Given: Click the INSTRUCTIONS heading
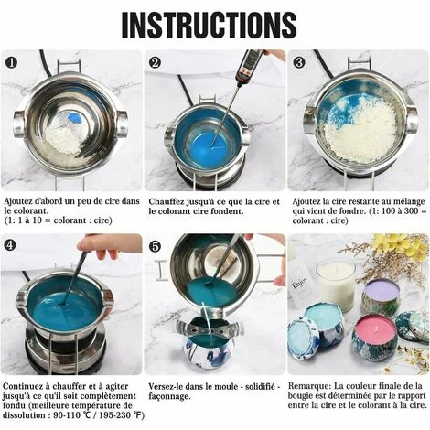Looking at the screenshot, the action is pos(209,25).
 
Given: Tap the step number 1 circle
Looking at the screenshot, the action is pos(12,62).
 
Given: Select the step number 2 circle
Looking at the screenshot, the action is pos(155,62).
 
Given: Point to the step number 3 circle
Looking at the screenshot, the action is pos(299,62).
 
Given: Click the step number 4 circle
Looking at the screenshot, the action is pos(10,245).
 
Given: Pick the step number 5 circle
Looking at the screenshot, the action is pos(156,246).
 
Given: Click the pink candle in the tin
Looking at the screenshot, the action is pos(373,328).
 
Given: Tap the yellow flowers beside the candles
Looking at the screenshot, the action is pos(396,244).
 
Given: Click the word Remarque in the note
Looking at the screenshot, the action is pos(309,386).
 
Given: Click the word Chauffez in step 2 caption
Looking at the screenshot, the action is pos(167,201).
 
